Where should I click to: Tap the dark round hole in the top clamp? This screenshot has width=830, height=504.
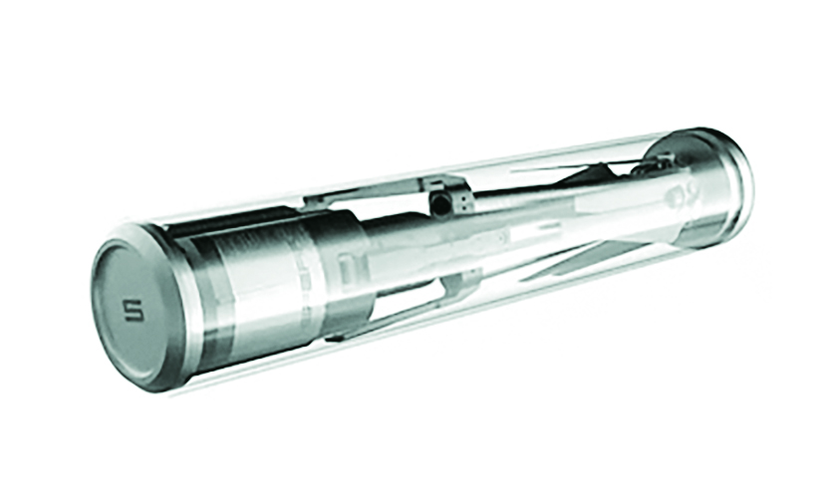442,202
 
